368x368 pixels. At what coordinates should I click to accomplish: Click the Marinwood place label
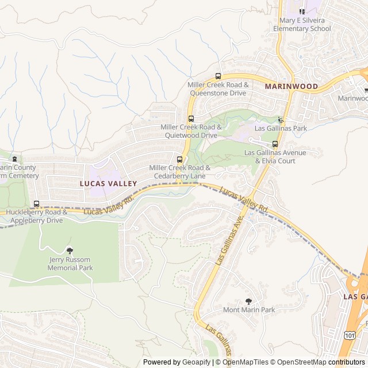click(291, 86)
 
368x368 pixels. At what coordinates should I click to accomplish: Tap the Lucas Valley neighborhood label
click(108, 183)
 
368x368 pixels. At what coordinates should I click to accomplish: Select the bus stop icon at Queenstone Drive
click(218, 76)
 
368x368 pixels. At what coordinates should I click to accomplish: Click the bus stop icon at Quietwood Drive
click(191, 118)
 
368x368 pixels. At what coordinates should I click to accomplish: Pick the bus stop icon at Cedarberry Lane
click(179, 159)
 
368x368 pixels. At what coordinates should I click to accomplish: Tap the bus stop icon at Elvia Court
click(275, 144)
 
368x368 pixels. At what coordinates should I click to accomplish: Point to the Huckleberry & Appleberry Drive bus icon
click(37, 204)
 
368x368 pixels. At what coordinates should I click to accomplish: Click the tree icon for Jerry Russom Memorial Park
click(70, 250)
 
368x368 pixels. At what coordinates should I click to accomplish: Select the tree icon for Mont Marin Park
click(248, 301)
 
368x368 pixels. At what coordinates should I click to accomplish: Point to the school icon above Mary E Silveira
click(302, 10)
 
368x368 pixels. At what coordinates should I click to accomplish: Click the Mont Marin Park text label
click(248, 310)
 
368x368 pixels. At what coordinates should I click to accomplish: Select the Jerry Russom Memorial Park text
click(70, 263)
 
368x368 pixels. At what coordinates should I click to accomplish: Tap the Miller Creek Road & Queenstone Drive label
click(218, 88)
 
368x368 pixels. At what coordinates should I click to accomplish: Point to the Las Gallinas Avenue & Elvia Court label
click(275, 156)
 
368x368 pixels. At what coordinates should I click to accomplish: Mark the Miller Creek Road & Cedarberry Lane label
click(179, 171)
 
